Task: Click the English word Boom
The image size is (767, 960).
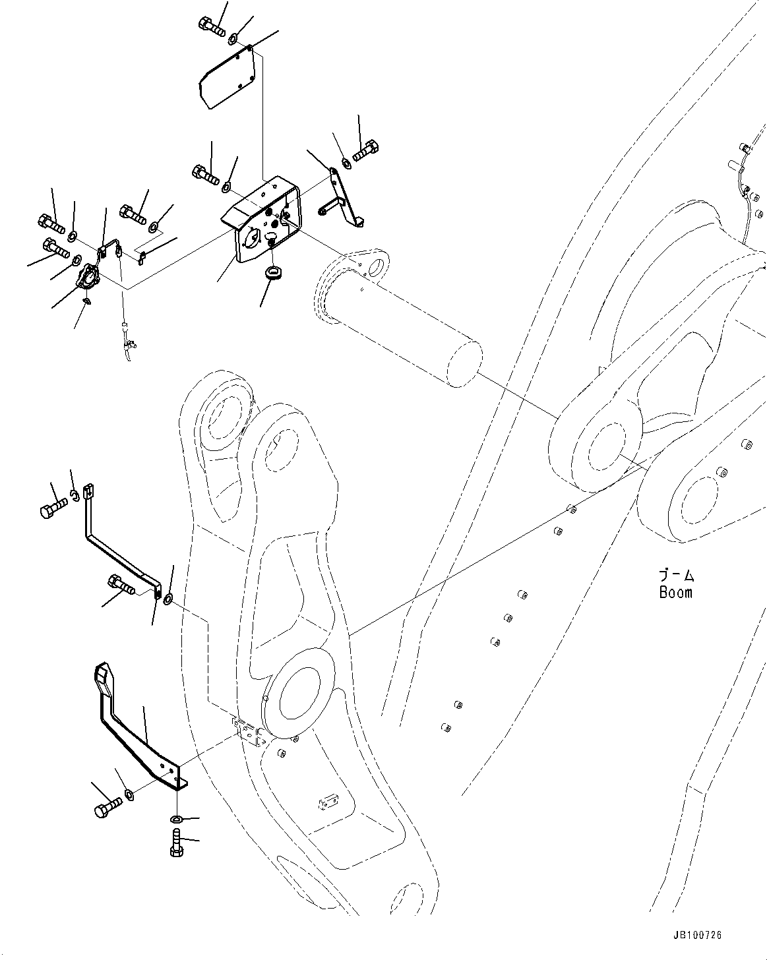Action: click(x=675, y=592)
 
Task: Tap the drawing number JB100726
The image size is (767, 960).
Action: click(x=697, y=935)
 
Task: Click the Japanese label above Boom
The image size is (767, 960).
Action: click(x=676, y=576)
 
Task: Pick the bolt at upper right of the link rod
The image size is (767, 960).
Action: click(x=365, y=151)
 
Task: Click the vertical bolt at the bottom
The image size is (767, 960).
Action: click(x=176, y=843)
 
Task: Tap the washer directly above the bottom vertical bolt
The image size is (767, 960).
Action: click(x=176, y=819)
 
